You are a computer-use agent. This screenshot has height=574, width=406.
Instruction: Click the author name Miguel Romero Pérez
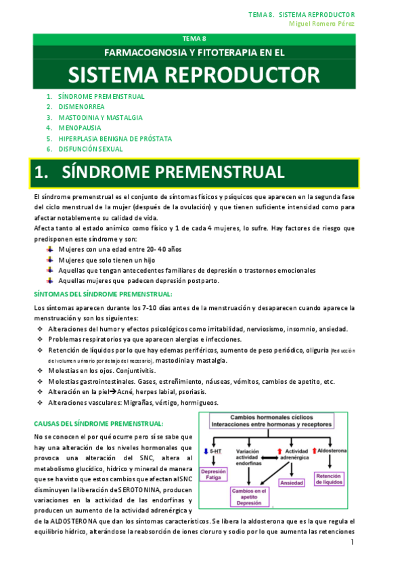point(321,24)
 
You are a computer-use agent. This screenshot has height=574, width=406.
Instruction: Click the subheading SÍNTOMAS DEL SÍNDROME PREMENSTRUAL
point(103,294)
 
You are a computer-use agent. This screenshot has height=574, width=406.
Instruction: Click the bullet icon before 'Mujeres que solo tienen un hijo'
point(50,260)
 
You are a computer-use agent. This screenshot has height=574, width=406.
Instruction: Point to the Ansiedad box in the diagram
point(292,483)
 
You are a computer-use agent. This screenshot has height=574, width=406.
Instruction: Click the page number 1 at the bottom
point(353,543)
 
